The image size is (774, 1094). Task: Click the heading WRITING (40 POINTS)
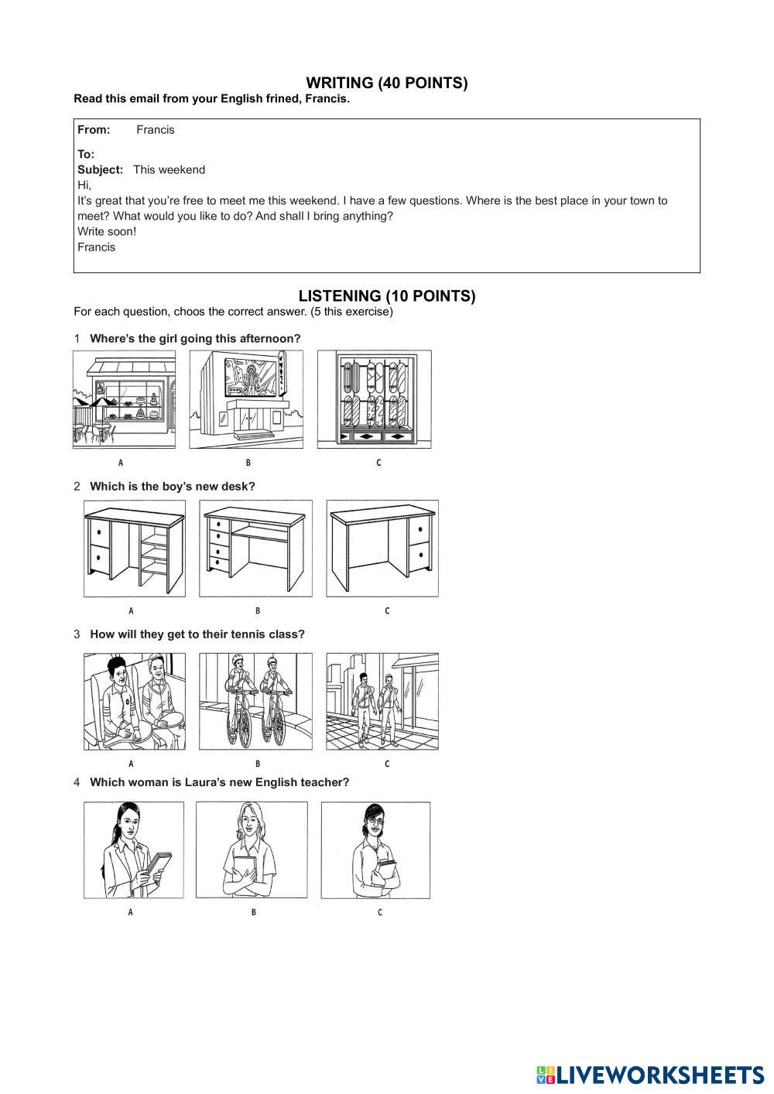click(386, 83)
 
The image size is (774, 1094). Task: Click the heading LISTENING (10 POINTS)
click(386, 296)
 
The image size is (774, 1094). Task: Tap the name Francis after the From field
click(156, 130)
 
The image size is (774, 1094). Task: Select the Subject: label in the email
click(100, 169)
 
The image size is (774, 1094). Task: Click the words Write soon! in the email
click(107, 231)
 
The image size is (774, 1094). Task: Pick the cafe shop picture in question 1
click(125, 399)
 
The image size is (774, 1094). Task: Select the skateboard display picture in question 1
click(375, 399)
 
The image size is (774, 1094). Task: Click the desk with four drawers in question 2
click(255, 548)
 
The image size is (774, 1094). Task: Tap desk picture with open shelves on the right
click(135, 548)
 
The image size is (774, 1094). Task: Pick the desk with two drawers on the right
click(382, 548)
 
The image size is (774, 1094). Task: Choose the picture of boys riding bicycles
click(255, 701)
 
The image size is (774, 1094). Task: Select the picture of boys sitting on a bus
click(135, 701)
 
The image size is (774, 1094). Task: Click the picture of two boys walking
click(382, 701)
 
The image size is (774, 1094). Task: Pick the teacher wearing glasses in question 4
click(375, 850)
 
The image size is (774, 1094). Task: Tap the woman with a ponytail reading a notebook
click(134, 850)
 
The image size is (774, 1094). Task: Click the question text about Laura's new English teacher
click(219, 782)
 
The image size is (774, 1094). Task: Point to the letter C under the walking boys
click(387, 764)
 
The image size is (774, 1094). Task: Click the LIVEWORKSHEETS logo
click(649, 1075)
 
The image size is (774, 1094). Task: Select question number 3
click(77, 634)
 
